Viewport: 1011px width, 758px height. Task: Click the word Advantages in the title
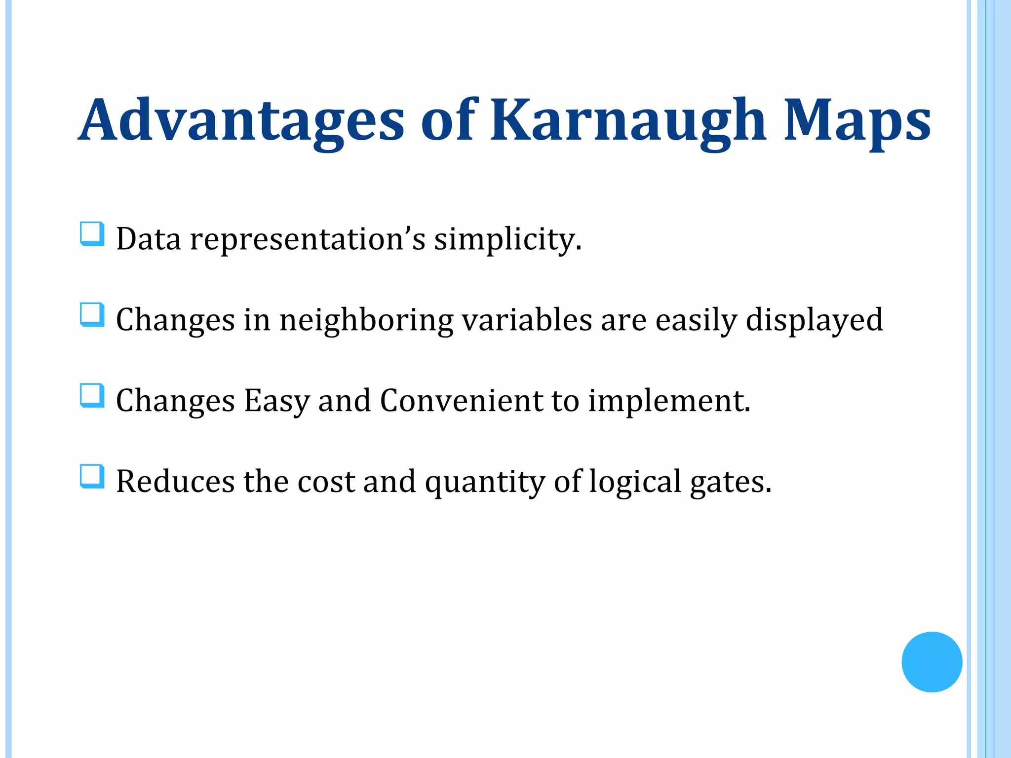[x=242, y=120]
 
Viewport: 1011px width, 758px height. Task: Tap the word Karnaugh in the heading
[x=628, y=120]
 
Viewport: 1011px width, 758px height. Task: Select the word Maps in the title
[x=857, y=120]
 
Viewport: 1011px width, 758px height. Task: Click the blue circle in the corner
[x=932, y=662]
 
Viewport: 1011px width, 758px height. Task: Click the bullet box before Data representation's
[x=92, y=234]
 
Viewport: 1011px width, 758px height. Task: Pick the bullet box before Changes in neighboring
[x=92, y=315]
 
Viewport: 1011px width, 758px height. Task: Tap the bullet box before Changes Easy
[x=92, y=396]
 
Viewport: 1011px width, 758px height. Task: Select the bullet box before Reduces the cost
[x=92, y=477]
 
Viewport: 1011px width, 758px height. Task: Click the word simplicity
[x=507, y=240]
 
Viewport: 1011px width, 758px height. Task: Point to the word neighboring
[x=366, y=321]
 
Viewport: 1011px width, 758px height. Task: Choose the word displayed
[x=814, y=321]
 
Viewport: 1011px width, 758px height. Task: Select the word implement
[x=669, y=401]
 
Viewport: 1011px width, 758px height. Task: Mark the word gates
[x=730, y=483]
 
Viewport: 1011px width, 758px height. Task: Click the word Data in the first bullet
[x=149, y=239]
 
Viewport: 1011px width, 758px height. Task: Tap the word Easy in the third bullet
[x=276, y=401]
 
